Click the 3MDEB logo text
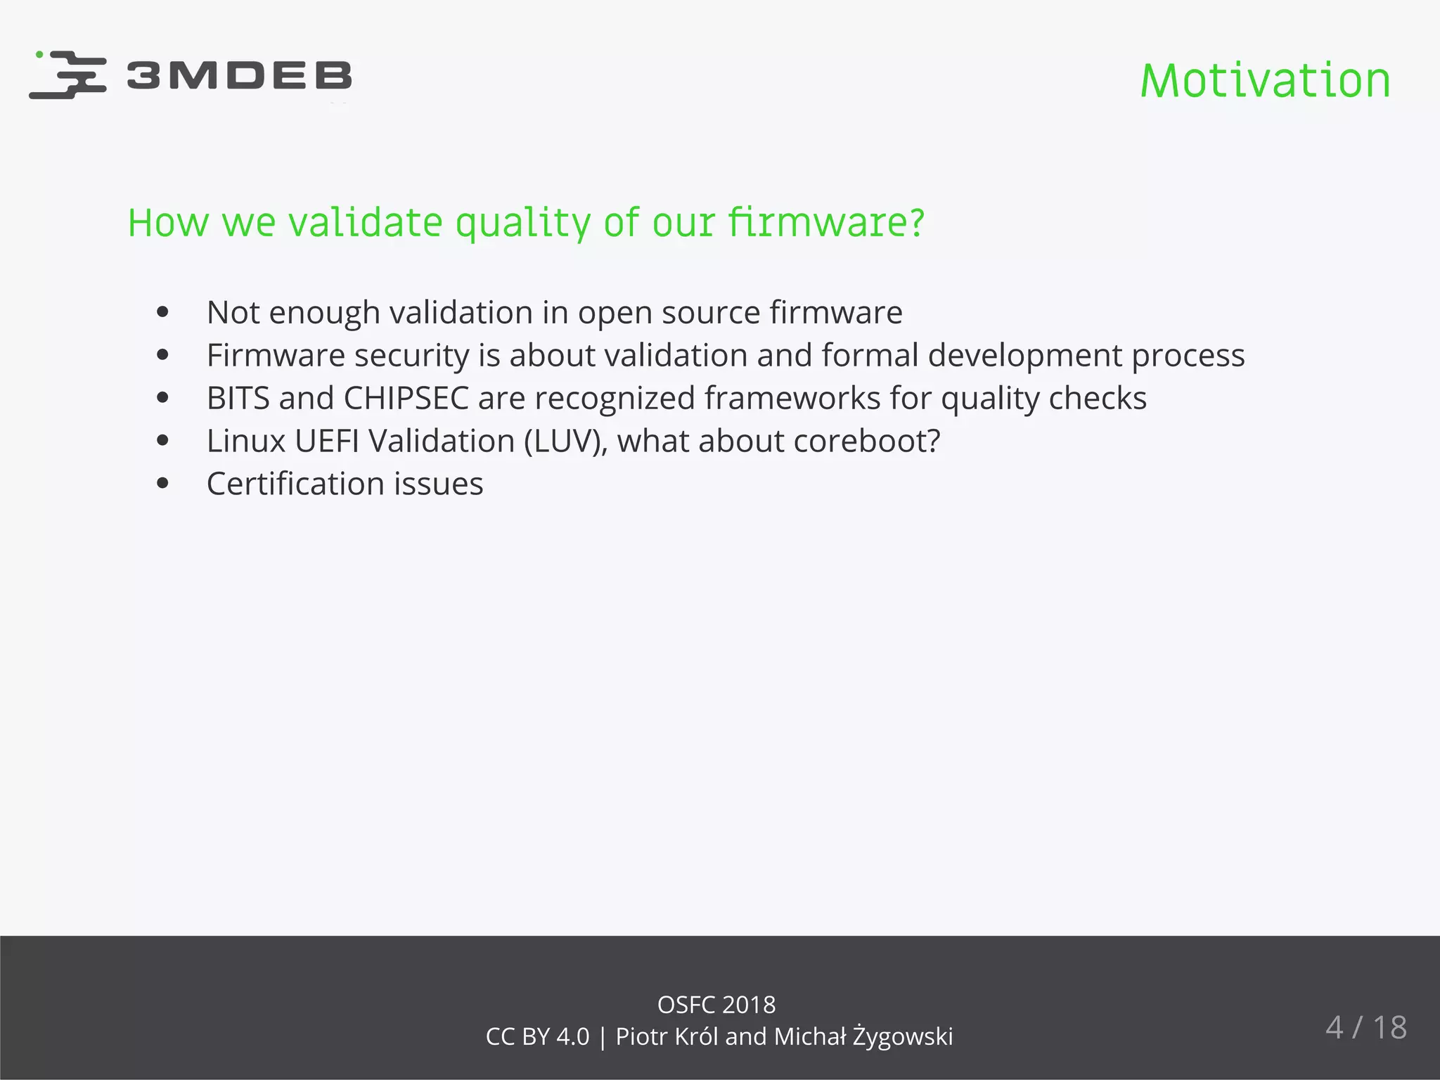[x=239, y=75]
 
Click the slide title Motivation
[x=1265, y=81]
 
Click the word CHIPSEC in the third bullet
[x=406, y=398]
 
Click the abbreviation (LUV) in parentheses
[x=565, y=442]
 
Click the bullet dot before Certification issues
[x=163, y=484]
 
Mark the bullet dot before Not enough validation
[x=163, y=312]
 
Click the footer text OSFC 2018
[x=716, y=1005]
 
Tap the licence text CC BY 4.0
[x=537, y=1036]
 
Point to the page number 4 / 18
[x=1365, y=1028]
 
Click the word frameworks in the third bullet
[x=792, y=398]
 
